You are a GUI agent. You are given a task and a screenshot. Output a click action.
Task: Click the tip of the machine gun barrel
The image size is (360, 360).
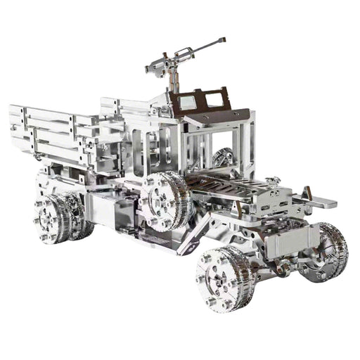[223, 39]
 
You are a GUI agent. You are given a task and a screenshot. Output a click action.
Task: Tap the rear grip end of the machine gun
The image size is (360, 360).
[149, 69]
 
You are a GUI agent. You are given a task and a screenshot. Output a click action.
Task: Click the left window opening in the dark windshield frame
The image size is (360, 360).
[187, 102]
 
